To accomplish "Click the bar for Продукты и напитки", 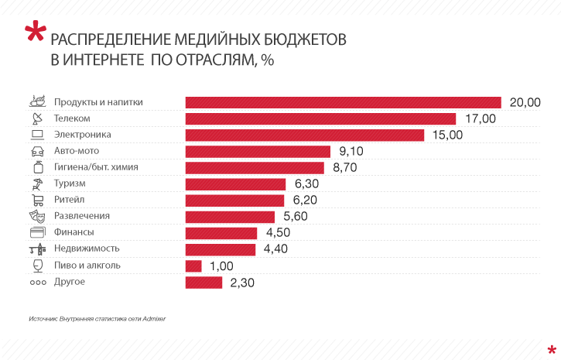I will [344, 102].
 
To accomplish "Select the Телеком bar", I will [320, 118].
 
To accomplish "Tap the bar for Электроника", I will [305, 135].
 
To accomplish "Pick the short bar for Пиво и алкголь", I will [193, 266].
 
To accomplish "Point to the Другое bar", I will [204, 282].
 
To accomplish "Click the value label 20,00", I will [525, 102].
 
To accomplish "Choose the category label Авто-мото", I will [76, 151].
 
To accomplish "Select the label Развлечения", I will [82, 216].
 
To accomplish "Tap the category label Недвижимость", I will [87, 249].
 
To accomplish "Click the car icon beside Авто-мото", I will [36, 151].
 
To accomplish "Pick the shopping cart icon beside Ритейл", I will [36, 200].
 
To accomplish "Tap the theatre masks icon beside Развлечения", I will [36, 216].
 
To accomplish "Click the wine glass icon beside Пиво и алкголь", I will [36, 266].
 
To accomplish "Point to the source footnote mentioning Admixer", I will [97, 318].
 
